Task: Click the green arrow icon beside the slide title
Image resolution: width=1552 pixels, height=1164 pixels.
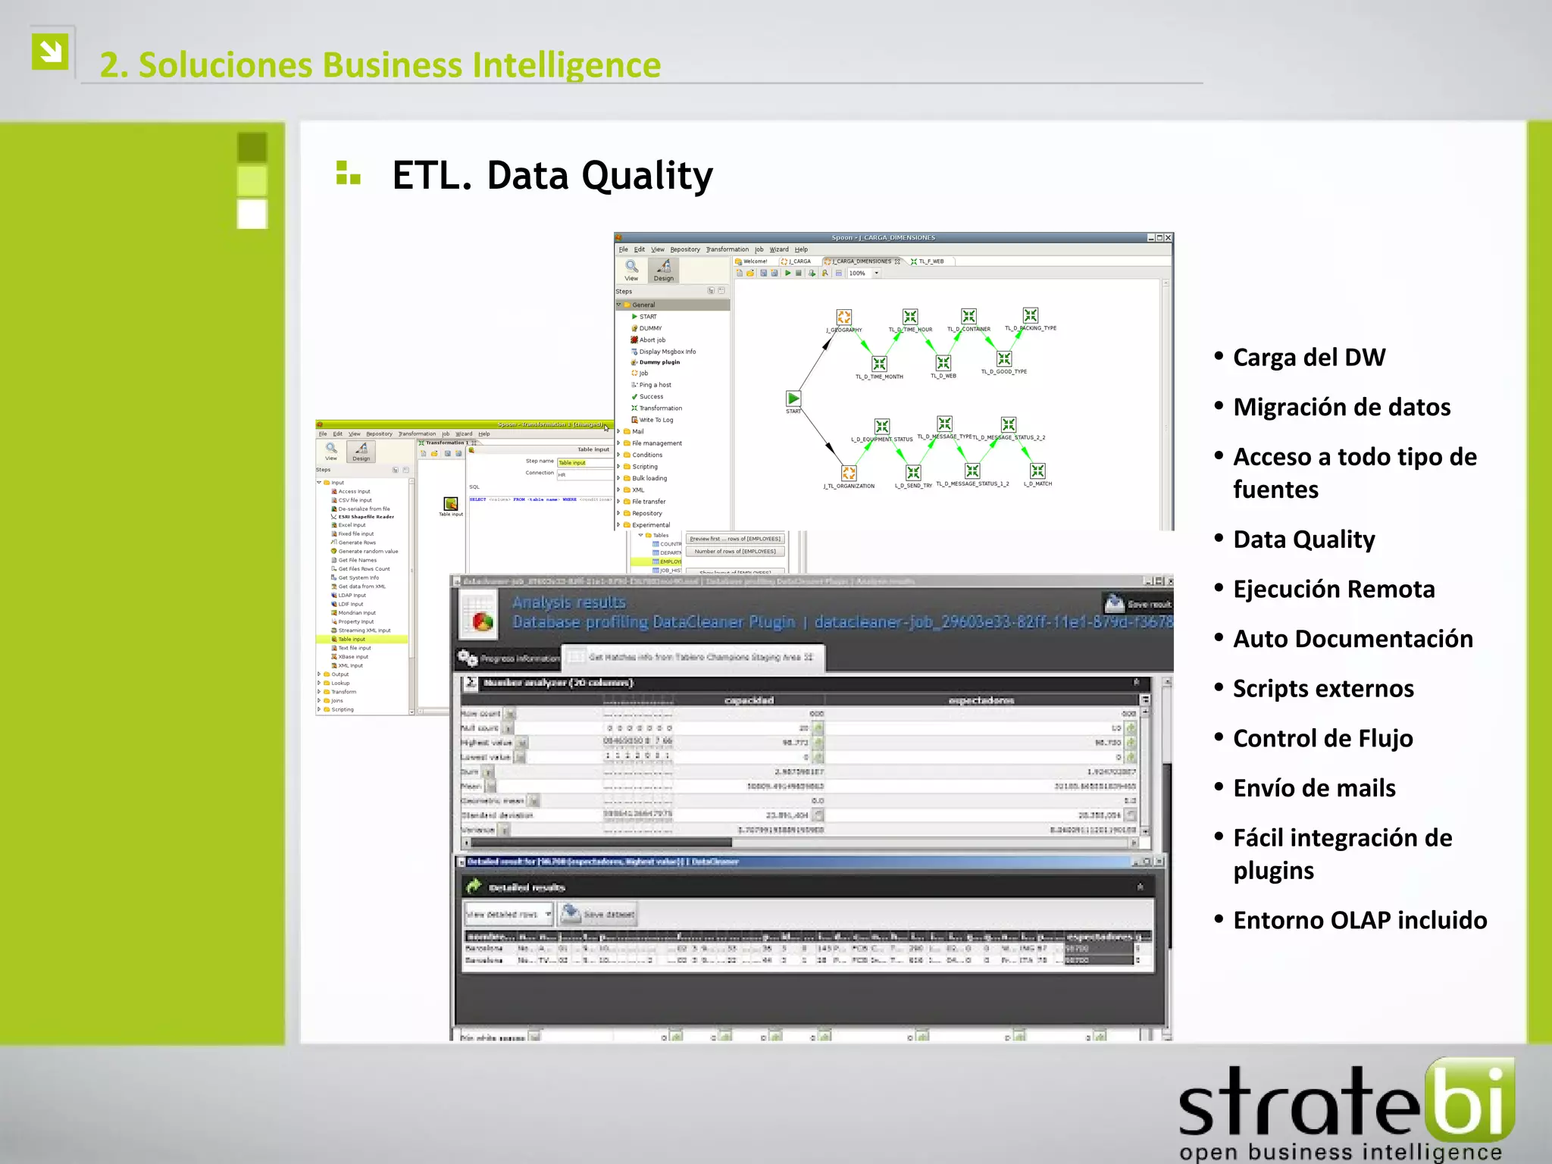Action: click(51, 52)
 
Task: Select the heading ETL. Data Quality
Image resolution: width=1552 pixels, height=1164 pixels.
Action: click(552, 175)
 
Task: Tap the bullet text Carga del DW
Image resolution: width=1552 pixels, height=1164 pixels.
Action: click(1309, 357)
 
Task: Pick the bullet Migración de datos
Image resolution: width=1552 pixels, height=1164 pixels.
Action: click(1341, 407)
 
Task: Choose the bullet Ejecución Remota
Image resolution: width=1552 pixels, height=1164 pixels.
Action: click(1334, 589)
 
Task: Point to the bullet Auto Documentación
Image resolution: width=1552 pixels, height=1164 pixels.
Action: click(1353, 639)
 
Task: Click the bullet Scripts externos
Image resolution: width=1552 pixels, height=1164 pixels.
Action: click(1323, 688)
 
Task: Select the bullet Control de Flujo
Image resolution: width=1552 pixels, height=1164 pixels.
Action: click(1322, 738)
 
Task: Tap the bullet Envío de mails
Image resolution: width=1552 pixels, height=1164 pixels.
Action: click(1314, 788)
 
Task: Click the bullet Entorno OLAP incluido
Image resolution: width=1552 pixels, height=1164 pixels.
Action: click(1360, 920)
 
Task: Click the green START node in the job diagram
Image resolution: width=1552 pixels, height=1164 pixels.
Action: click(793, 399)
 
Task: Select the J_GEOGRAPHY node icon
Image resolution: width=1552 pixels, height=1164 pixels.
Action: click(843, 317)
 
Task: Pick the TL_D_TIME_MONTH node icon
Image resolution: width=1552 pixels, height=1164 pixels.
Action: click(879, 364)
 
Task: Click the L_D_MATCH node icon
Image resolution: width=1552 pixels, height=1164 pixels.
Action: click(1037, 471)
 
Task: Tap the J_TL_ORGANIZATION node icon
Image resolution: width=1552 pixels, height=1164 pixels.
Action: click(849, 473)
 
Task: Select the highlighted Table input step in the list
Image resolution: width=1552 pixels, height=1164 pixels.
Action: click(352, 640)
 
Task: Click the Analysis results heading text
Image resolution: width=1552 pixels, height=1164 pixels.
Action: click(568, 602)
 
